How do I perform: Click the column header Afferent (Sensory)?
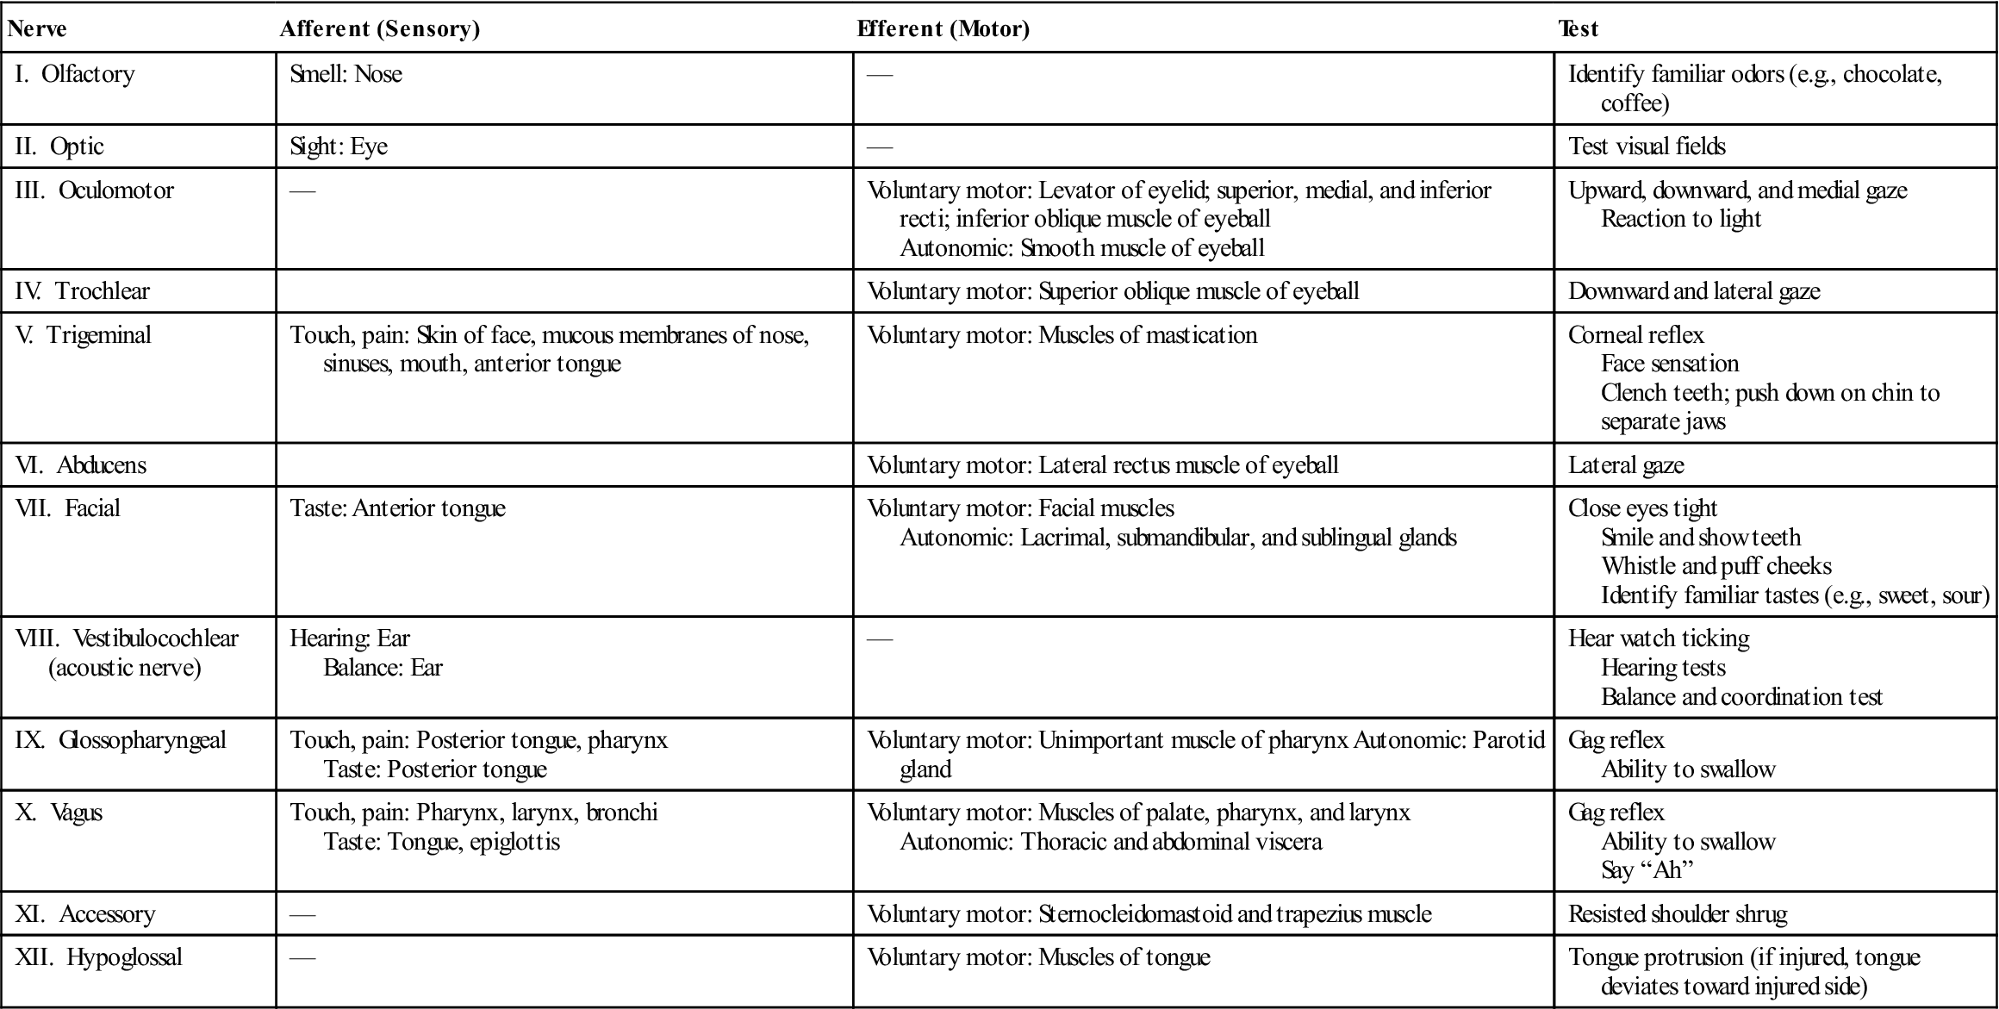(x=380, y=29)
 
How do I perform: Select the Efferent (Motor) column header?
(x=943, y=29)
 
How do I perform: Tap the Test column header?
(x=1578, y=29)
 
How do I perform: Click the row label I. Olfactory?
(x=76, y=74)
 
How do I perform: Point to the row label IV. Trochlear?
(x=83, y=291)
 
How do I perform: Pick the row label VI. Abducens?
(x=81, y=465)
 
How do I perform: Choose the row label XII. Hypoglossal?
(x=99, y=957)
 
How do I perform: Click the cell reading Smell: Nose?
(x=346, y=74)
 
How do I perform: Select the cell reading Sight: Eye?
(x=339, y=146)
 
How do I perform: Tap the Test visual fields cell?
(x=1647, y=146)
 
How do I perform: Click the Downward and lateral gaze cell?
(x=1694, y=291)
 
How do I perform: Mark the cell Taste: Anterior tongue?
(x=397, y=508)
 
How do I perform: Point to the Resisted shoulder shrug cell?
(x=1678, y=914)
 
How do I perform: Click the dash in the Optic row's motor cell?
(x=880, y=147)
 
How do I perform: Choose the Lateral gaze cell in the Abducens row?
(x=1626, y=465)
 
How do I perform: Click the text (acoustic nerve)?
(x=125, y=668)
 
